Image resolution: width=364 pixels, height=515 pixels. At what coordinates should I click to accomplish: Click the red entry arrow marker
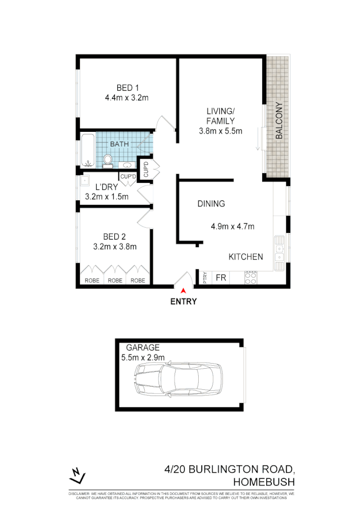pyautogui.click(x=183, y=291)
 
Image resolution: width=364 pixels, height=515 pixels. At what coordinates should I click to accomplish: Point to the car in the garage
pyautogui.click(x=179, y=380)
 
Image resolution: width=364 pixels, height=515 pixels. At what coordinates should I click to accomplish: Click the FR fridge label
pyautogui.click(x=221, y=278)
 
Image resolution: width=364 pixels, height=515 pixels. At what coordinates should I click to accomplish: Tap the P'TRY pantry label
pyautogui.click(x=205, y=278)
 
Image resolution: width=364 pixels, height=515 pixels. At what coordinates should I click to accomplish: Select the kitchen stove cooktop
pyautogui.click(x=251, y=278)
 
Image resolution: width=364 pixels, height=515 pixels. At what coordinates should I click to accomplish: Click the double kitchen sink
pyautogui.click(x=280, y=253)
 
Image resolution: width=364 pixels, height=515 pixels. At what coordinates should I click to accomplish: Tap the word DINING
pyautogui.click(x=211, y=204)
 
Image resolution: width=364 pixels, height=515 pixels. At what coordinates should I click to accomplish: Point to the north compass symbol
pyautogui.click(x=77, y=475)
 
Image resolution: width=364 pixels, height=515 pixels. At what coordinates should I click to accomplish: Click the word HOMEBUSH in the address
pyautogui.click(x=264, y=483)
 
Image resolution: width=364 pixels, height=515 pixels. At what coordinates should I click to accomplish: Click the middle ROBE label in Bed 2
pyautogui.click(x=115, y=281)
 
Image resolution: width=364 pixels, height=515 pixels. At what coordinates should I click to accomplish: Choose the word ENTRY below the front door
pyautogui.click(x=183, y=302)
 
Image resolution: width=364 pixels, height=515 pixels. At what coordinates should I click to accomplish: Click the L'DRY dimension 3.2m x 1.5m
pyautogui.click(x=107, y=196)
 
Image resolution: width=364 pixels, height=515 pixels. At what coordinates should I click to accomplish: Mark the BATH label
pyautogui.click(x=119, y=144)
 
